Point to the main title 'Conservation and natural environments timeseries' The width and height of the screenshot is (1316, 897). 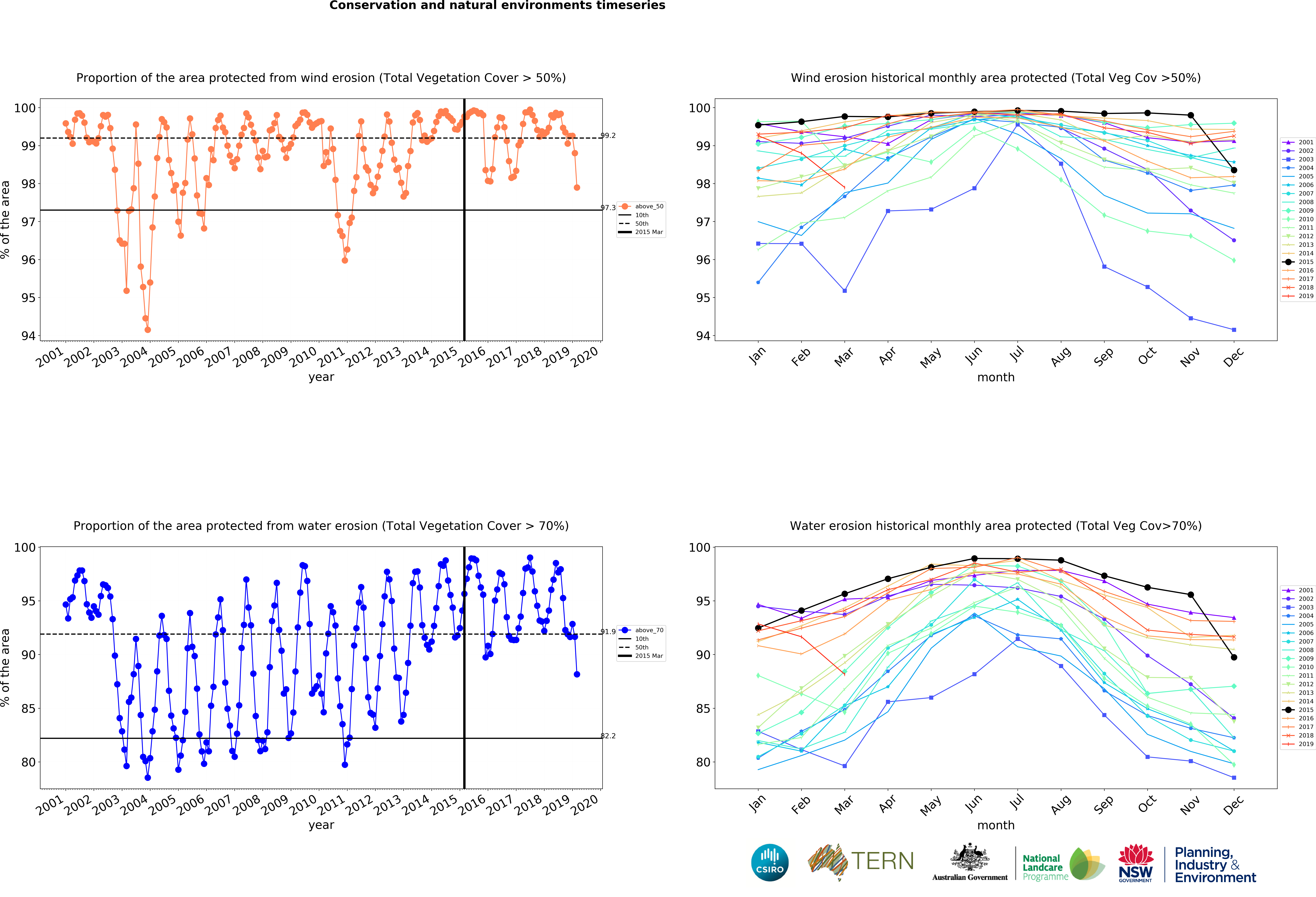point(497,6)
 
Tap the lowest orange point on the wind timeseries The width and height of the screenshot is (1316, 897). point(148,330)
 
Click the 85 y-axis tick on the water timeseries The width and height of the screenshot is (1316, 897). point(28,708)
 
